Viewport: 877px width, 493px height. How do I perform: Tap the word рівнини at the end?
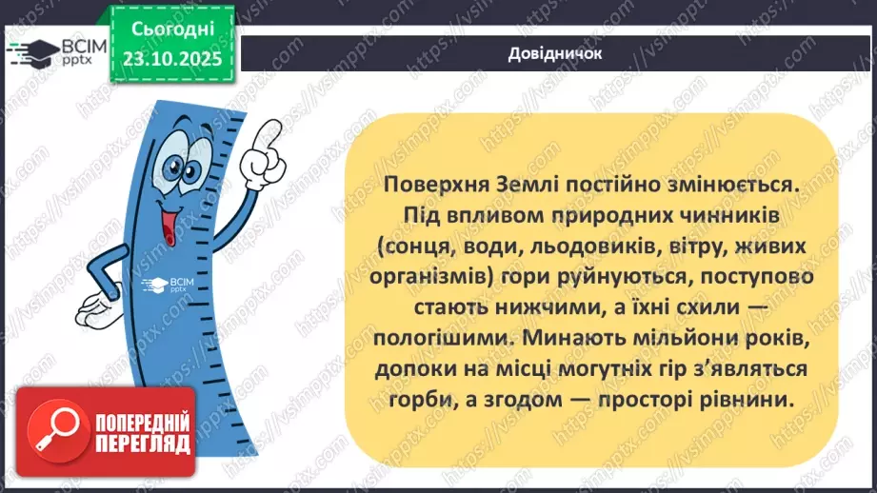pos(749,400)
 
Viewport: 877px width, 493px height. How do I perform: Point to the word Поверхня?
pos(430,181)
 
